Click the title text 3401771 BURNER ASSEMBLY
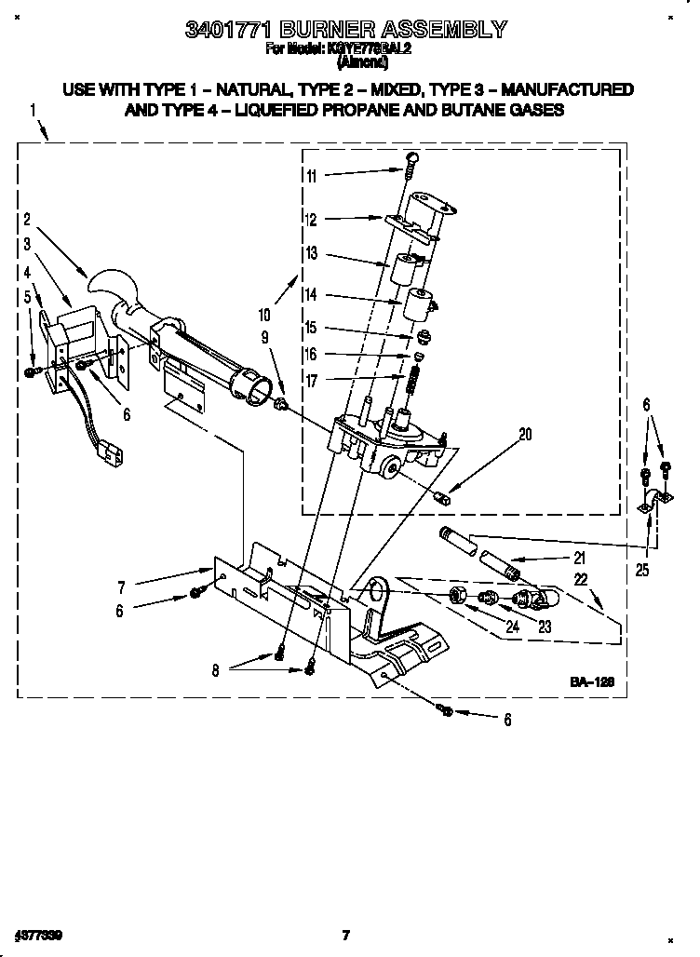point(345,29)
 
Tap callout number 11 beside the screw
point(312,176)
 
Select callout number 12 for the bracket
point(312,221)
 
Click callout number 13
point(312,254)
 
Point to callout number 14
point(312,294)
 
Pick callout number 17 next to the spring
point(312,380)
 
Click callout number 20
point(525,433)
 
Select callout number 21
point(578,559)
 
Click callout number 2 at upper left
point(28,221)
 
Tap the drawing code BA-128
point(592,682)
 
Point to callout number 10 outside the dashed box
point(265,316)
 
